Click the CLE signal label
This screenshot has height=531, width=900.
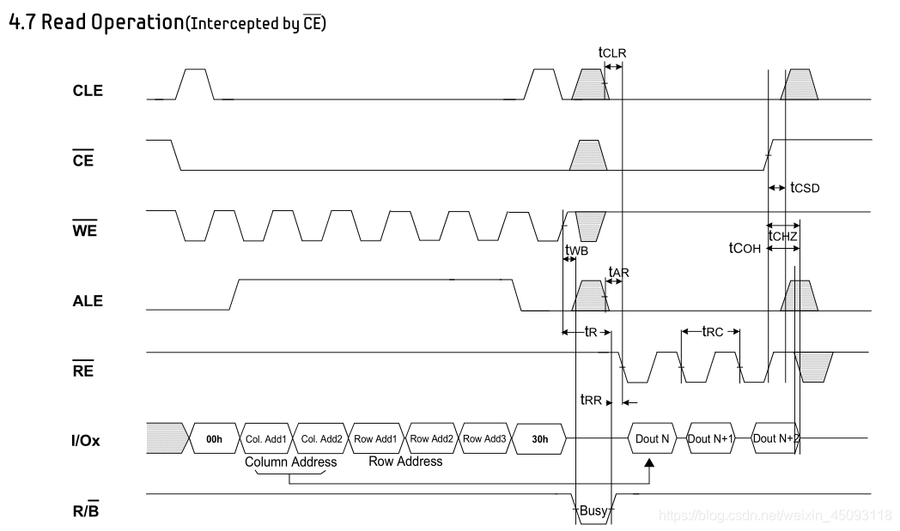[87, 91]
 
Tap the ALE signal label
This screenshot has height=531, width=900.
[87, 301]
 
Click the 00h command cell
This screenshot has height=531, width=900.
[214, 439]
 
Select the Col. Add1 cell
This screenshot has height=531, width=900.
[265, 439]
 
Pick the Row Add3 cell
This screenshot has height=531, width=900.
[485, 439]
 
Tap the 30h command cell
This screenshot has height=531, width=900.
[539, 439]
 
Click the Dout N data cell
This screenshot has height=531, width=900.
[652, 439]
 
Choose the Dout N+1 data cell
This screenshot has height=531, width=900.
[712, 439]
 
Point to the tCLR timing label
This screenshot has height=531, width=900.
[612, 52]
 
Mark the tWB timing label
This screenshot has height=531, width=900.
[576, 250]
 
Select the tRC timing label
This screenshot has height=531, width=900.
[714, 331]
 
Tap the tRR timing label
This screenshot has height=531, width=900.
[591, 399]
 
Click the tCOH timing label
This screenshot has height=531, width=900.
[745, 248]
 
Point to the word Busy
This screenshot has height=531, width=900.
[593, 511]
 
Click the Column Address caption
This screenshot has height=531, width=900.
[291, 462]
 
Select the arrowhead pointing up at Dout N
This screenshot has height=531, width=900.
[649, 465]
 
